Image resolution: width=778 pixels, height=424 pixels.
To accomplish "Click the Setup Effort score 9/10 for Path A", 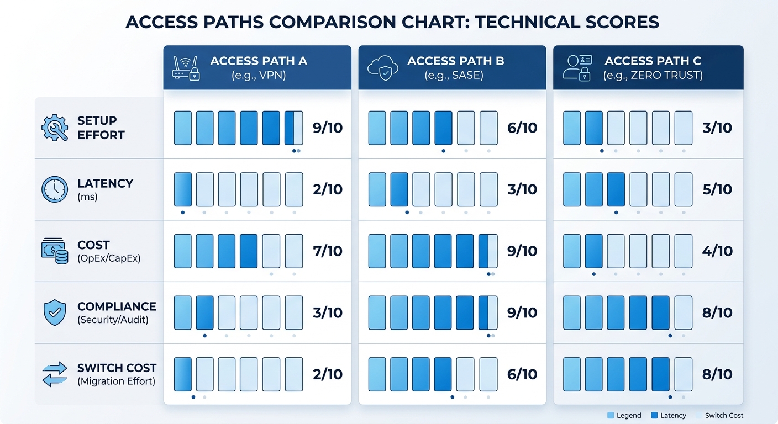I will pyautogui.click(x=328, y=128).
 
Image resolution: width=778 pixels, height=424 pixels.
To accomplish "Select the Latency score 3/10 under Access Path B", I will pyautogui.click(x=522, y=189).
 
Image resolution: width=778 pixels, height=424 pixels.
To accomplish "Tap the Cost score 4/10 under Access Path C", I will pyautogui.click(x=717, y=251).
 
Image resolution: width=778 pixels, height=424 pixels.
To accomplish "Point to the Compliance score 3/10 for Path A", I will pyautogui.click(x=328, y=312).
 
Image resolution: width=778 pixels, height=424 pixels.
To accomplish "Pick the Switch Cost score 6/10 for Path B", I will pyautogui.click(x=522, y=374).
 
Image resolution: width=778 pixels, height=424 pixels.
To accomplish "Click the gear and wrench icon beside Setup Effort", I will pyautogui.click(x=55, y=128).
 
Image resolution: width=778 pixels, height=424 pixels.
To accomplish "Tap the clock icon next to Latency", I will pyautogui.click(x=55, y=189).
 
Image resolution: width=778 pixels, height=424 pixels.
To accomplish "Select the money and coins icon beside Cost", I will pyautogui.click(x=55, y=251).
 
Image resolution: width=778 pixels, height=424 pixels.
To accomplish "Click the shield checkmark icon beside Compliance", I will pyautogui.click(x=55, y=312).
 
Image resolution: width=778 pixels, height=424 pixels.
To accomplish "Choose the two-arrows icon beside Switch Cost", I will pyautogui.click(x=55, y=374).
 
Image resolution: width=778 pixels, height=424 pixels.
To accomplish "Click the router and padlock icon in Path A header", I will pyautogui.click(x=186, y=68).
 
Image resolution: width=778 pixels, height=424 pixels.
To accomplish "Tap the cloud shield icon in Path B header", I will pyautogui.click(x=382, y=68).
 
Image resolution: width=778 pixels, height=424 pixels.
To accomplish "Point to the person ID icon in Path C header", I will pyautogui.click(x=577, y=68).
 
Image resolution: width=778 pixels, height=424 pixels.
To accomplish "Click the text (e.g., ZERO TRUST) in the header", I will pyautogui.click(x=653, y=75).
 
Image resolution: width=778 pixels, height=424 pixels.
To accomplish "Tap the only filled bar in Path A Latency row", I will pyautogui.click(x=183, y=189).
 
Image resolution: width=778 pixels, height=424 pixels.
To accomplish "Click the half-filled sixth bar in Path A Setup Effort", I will pyautogui.click(x=294, y=128).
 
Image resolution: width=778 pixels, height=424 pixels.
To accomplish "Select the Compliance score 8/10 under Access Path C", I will pyautogui.click(x=717, y=312).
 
